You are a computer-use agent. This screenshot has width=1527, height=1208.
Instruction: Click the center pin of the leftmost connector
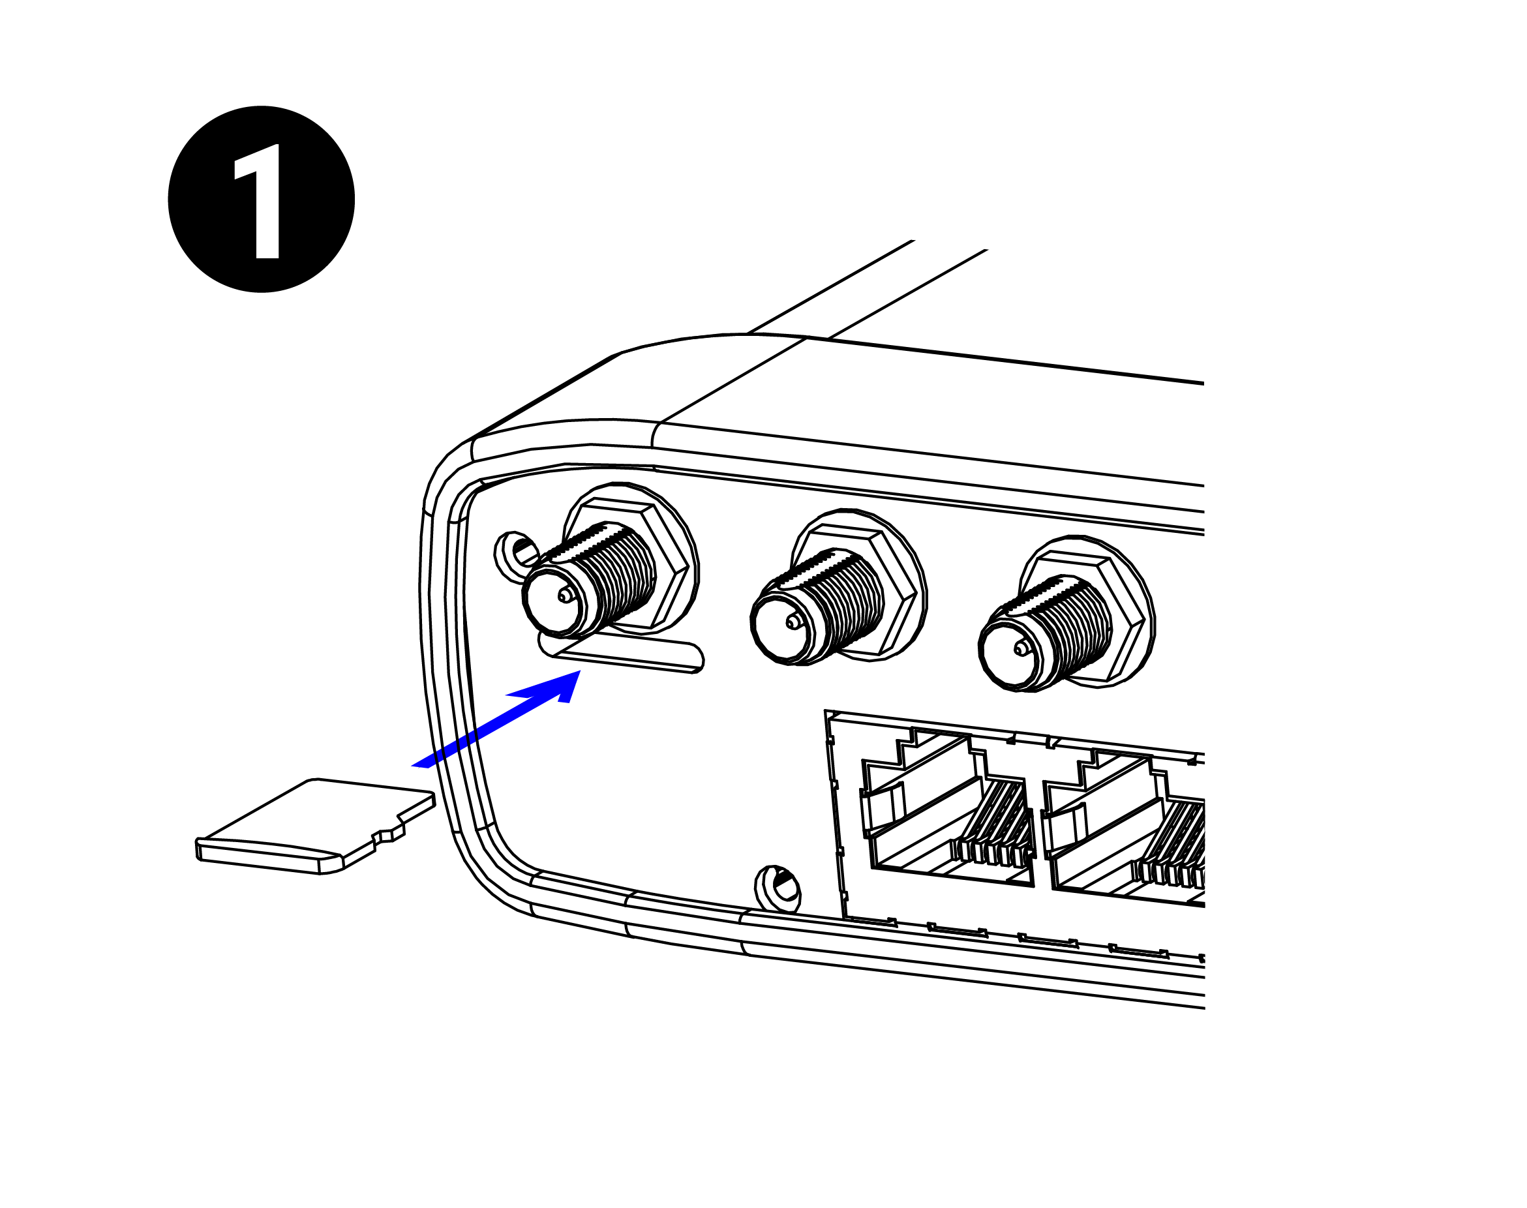(564, 595)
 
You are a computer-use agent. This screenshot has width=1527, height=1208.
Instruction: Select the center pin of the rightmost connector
(1020, 648)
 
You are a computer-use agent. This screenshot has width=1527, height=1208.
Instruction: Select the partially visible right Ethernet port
(1132, 841)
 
